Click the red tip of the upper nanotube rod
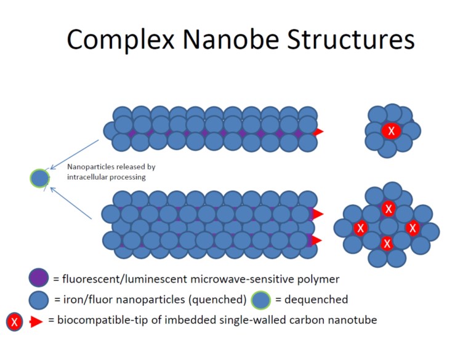318,132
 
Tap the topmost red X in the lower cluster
388,209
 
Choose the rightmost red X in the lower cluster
413,228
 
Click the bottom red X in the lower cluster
387,243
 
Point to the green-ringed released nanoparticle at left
39,178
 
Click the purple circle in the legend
39,279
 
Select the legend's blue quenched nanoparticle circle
39,300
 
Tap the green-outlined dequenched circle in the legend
262,300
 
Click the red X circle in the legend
15,321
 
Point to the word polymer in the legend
316,279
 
